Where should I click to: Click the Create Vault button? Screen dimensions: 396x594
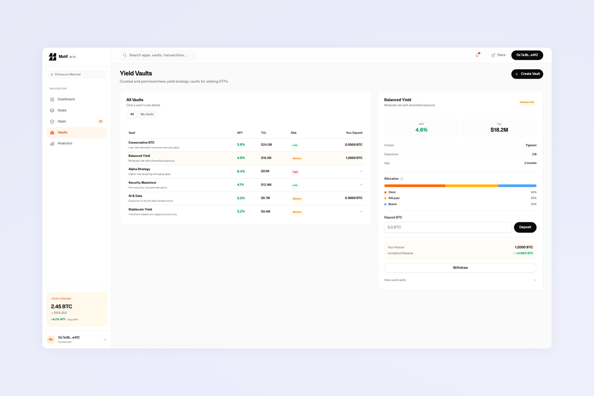coord(527,74)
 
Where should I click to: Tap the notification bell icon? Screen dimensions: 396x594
coord(477,55)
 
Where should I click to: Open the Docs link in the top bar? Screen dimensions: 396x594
coord(498,55)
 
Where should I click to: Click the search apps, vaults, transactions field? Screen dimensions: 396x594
coord(158,55)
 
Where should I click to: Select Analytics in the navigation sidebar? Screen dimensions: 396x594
coord(64,144)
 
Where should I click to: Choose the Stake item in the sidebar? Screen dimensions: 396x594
coord(62,110)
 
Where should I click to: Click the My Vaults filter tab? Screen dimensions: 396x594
coord(147,114)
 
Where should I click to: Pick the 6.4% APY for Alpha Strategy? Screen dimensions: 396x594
coord(241,171)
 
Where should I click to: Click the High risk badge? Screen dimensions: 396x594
coord(295,172)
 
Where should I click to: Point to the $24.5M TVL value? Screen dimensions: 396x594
coord(266,145)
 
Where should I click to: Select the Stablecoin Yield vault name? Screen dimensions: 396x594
coord(140,209)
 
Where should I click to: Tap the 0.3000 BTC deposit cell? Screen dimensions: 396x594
coord(353,198)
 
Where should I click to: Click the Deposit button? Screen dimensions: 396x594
coord(525,227)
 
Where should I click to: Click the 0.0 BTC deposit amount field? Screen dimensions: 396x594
coord(447,227)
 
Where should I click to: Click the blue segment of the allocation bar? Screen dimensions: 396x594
coord(517,186)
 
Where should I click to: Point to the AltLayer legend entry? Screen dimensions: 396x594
coord(394,198)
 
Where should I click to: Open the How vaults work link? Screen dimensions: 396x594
coord(395,280)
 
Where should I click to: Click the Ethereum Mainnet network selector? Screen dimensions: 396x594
coord(77,74)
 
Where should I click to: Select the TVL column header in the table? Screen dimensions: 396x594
coord(264,133)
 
